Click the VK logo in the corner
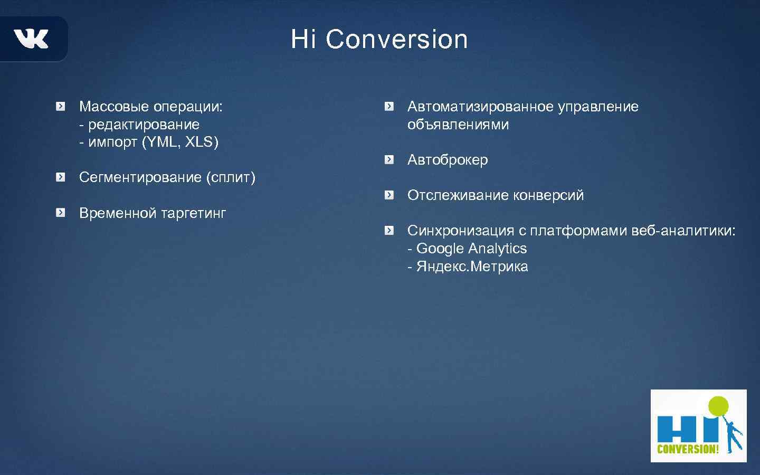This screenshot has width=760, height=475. pos(31,39)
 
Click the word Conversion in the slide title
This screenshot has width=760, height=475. pos(396,40)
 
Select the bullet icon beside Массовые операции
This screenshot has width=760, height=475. pos(61,107)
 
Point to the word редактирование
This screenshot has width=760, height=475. pos(144,125)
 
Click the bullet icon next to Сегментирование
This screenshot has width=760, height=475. pos(61,177)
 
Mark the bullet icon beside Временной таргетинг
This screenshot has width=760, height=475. pos(61,213)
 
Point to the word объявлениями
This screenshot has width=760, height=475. pos(458,125)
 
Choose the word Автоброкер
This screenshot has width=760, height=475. pos(448,160)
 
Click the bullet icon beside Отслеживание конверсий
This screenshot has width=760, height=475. pos(389,195)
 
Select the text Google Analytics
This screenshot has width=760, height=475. pos(471,249)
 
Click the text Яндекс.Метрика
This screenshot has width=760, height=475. pos(472,267)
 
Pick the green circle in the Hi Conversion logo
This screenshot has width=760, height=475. pos(718,406)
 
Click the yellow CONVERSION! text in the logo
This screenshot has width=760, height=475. pos(688,449)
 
